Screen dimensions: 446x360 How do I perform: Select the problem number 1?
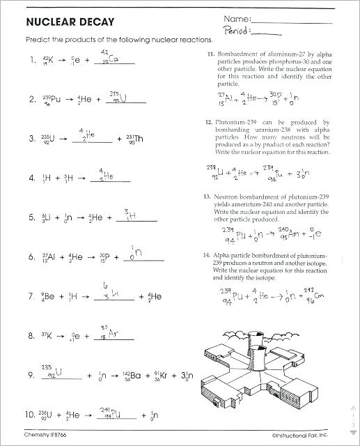click(x=31, y=60)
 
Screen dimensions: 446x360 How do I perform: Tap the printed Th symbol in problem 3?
click(x=138, y=138)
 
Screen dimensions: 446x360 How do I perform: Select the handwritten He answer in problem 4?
click(x=107, y=178)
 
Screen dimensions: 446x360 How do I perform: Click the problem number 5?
click(x=31, y=217)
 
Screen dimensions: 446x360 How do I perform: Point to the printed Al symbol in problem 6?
click(x=51, y=256)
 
